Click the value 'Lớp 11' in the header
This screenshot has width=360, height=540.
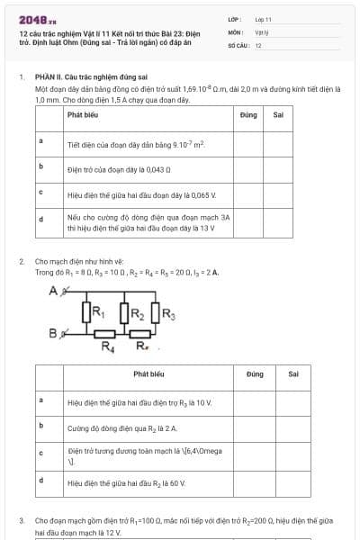(263, 18)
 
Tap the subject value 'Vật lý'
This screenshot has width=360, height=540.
(261, 31)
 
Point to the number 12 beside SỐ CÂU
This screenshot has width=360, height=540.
(258, 44)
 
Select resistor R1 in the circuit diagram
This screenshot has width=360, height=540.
(87, 313)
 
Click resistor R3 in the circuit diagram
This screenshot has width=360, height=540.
(157, 313)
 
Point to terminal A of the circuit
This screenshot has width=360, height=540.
(54, 291)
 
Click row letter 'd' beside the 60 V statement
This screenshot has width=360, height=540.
(41, 481)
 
